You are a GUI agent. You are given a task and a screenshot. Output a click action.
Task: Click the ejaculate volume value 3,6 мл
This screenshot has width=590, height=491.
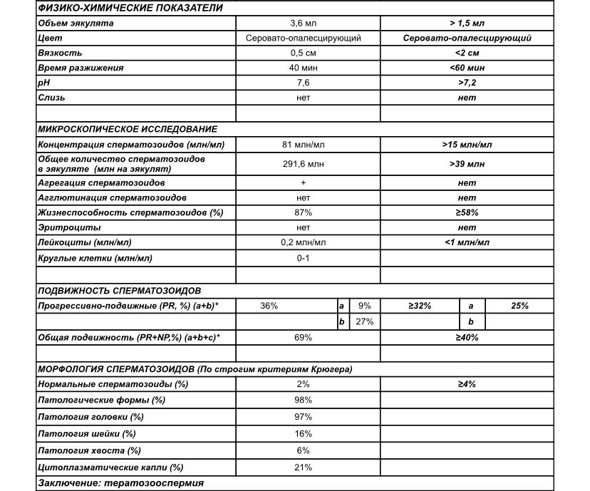click(303, 24)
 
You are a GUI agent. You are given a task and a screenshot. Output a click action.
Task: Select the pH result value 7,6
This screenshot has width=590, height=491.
click(303, 83)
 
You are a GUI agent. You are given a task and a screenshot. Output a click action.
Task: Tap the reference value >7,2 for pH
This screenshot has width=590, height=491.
click(467, 83)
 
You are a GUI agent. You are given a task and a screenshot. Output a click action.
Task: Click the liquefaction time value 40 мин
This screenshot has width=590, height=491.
click(303, 68)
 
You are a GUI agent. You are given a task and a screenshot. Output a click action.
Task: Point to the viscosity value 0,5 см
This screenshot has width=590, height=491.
click(303, 53)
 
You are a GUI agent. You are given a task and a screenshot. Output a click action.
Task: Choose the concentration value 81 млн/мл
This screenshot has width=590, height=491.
click(303, 145)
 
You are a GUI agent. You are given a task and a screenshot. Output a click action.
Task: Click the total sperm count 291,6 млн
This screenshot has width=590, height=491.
click(303, 164)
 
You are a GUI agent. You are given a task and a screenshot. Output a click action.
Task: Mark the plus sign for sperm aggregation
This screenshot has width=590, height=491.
click(303, 182)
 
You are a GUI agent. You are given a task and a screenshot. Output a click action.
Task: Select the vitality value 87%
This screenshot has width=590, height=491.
click(303, 212)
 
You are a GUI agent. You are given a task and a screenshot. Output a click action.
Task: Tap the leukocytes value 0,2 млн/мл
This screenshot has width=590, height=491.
click(303, 242)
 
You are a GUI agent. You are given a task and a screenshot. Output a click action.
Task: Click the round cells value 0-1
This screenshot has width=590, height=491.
click(303, 257)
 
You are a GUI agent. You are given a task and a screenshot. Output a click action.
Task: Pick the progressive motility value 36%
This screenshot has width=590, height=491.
click(269, 306)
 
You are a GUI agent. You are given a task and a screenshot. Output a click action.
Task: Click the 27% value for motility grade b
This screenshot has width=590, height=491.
click(365, 322)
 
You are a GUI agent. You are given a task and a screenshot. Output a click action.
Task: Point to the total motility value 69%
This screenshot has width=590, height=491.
click(303, 337)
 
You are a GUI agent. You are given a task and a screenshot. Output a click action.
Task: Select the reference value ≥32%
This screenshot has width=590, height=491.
click(420, 306)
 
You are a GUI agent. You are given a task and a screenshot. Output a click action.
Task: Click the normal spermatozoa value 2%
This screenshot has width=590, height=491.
click(303, 384)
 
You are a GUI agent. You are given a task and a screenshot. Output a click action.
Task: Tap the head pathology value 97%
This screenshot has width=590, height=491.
click(303, 416)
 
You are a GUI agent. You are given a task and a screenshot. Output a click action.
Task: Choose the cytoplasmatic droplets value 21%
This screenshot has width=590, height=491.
click(303, 467)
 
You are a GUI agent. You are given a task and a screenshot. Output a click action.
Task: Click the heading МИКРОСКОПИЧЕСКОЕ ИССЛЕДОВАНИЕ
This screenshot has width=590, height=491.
click(128, 129)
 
